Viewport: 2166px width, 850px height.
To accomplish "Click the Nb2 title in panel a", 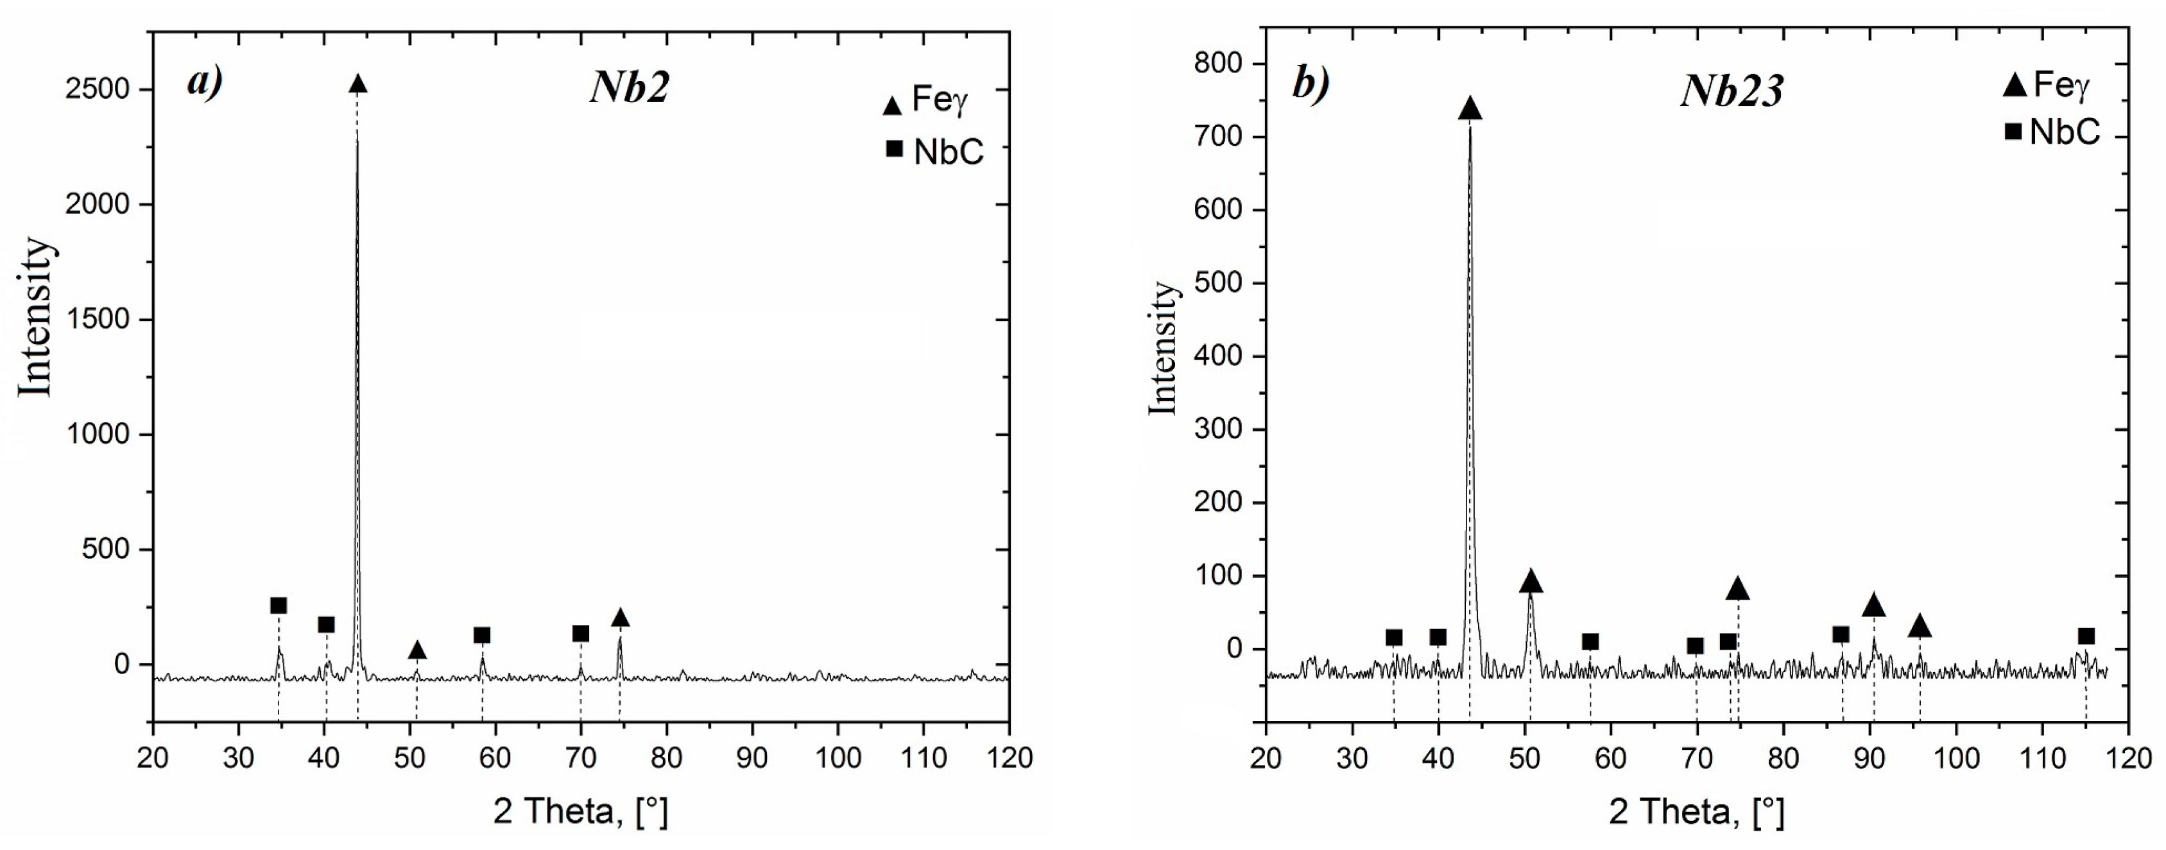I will pyautogui.click(x=629, y=87).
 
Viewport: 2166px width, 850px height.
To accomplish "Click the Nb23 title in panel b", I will pyautogui.click(x=1732, y=90).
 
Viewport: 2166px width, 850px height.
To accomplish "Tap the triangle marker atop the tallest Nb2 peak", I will pyautogui.click(x=358, y=84).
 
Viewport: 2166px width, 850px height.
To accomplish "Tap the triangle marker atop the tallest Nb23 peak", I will pyautogui.click(x=1470, y=108).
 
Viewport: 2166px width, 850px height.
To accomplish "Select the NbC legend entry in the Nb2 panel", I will pyautogui.click(x=935, y=152).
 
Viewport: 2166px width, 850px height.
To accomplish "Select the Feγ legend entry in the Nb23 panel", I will pyautogui.click(x=2046, y=85).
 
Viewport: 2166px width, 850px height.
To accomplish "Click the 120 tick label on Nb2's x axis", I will pyautogui.click(x=1009, y=758).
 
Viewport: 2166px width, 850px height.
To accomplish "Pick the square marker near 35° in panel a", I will pyautogui.click(x=279, y=606).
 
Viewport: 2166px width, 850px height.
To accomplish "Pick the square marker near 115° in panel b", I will pyautogui.click(x=2086, y=636).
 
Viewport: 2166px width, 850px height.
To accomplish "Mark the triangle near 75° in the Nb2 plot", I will pyautogui.click(x=620, y=618).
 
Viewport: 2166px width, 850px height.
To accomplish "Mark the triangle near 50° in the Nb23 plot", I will pyautogui.click(x=1531, y=582).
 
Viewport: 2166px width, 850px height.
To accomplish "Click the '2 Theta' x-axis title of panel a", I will pyautogui.click(x=580, y=811).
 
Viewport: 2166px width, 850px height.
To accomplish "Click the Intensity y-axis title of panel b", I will pyautogui.click(x=1163, y=348).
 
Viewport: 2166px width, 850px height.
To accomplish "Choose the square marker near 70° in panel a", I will pyautogui.click(x=580, y=633).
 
